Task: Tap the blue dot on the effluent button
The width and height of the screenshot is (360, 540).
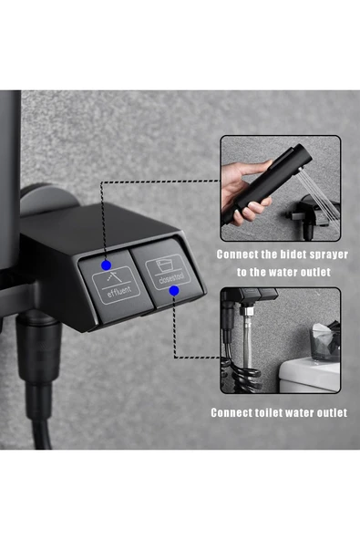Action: pyautogui.click(x=108, y=266)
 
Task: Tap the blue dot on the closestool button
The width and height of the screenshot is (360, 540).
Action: pyautogui.click(x=173, y=291)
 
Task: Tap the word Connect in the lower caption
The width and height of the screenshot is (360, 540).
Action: pyautogui.click(x=231, y=412)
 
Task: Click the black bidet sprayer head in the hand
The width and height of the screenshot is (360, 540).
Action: pyautogui.click(x=269, y=179)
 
